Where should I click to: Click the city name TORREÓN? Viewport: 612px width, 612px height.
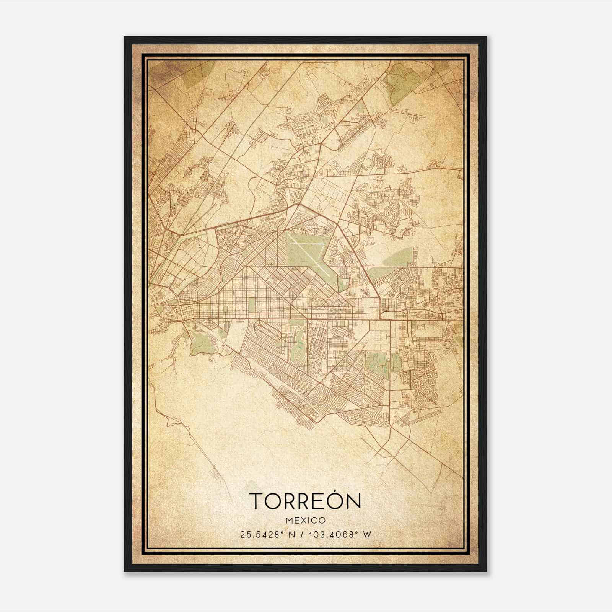[x=305, y=501]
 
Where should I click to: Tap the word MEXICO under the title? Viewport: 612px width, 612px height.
[x=305, y=520]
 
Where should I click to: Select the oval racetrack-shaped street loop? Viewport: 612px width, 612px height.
[x=268, y=331]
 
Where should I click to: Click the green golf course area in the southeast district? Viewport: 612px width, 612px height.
[x=379, y=363]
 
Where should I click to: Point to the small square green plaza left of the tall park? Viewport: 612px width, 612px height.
[x=225, y=309]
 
